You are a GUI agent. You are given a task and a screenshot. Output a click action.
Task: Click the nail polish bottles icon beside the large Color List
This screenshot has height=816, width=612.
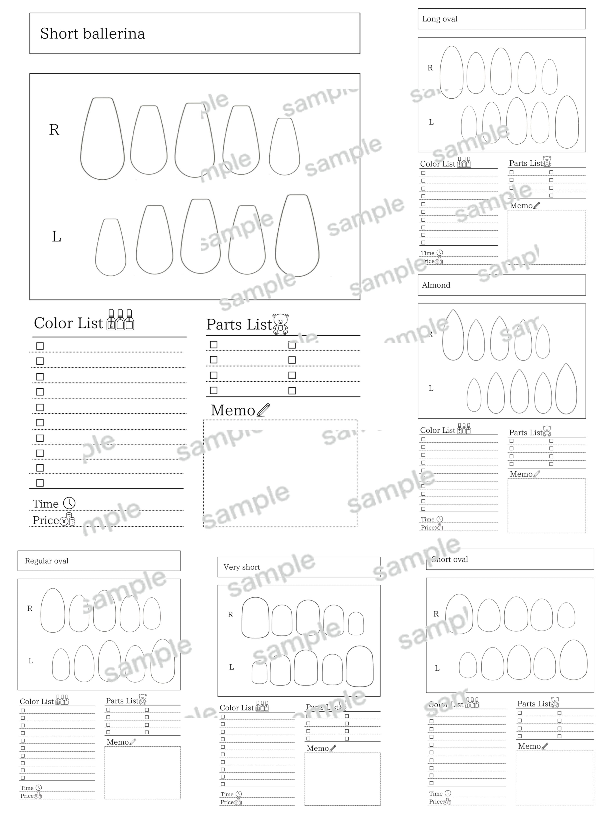pyautogui.click(x=120, y=320)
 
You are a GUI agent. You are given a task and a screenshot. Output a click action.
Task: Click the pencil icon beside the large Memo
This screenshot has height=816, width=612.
pyautogui.click(x=263, y=410)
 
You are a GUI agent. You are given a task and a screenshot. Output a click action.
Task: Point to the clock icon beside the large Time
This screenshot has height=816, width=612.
pyautogui.click(x=69, y=503)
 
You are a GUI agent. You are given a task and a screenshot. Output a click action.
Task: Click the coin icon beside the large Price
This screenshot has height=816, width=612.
pyautogui.click(x=68, y=520)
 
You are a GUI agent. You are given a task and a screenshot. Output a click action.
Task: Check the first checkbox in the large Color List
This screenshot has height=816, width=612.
pyautogui.click(x=40, y=346)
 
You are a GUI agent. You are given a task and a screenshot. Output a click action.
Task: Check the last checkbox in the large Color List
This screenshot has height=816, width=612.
pyautogui.click(x=40, y=483)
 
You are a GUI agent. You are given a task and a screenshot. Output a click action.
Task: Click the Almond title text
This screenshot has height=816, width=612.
pyautogui.click(x=436, y=285)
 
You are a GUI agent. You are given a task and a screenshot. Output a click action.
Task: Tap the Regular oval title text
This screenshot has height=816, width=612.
pyautogui.click(x=47, y=561)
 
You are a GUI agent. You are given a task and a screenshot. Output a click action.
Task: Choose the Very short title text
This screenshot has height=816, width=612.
pyautogui.click(x=242, y=567)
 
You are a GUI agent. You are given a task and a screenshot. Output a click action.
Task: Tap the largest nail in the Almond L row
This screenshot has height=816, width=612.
pyautogui.click(x=566, y=389)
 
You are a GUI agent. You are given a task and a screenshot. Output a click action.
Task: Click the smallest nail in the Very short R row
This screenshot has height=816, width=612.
pyautogui.click(x=356, y=623)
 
